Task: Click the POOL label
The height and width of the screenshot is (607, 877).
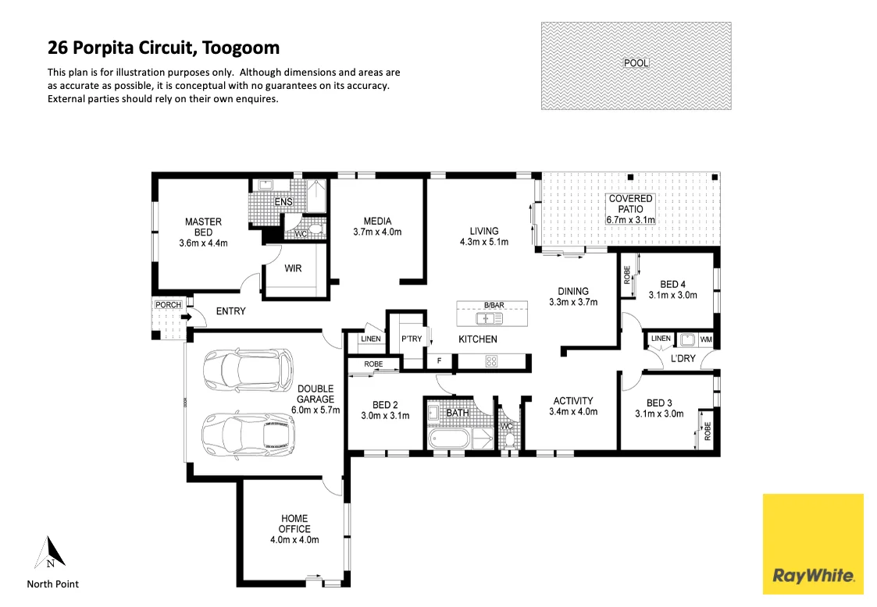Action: (x=636, y=63)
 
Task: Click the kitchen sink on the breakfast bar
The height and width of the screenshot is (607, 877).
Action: (x=490, y=318)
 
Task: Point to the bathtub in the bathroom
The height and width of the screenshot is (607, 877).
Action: (x=448, y=439)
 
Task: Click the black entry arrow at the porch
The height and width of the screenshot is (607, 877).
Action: (x=186, y=318)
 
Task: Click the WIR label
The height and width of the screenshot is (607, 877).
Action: (x=293, y=268)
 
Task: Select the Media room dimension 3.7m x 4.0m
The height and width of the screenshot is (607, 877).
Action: (x=377, y=232)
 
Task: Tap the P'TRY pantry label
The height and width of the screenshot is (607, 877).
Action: (x=412, y=339)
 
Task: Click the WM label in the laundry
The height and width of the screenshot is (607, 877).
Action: (x=706, y=339)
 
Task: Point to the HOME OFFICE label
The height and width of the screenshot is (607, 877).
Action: (x=294, y=524)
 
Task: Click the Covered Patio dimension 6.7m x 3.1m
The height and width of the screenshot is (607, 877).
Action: (x=630, y=220)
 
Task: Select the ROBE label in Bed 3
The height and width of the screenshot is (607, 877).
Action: (x=708, y=431)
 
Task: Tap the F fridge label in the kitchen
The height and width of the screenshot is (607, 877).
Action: (x=440, y=360)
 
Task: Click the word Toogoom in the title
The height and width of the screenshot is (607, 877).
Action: (x=241, y=48)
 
